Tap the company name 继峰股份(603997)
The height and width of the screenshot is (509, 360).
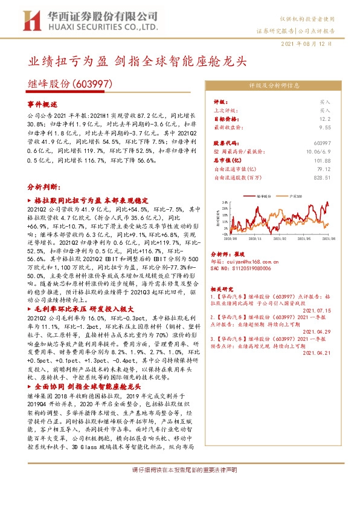coord(70,85)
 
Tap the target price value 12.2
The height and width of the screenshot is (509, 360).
coord(326,120)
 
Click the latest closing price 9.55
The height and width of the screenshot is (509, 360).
coord(325,128)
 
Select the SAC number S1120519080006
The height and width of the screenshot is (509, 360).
coord(251,270)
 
